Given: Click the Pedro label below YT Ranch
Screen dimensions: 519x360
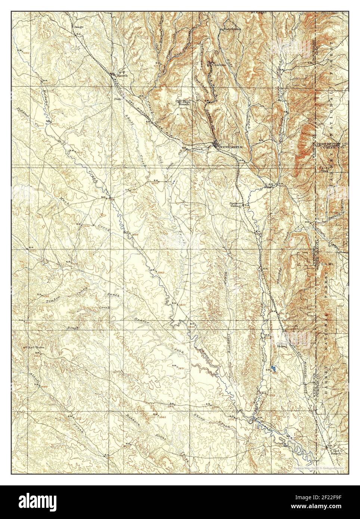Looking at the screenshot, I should tap(118, 99).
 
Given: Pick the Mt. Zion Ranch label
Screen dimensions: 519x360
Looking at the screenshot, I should tap(183, 103).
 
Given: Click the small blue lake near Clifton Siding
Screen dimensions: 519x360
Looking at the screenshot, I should tap(274, 368).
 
